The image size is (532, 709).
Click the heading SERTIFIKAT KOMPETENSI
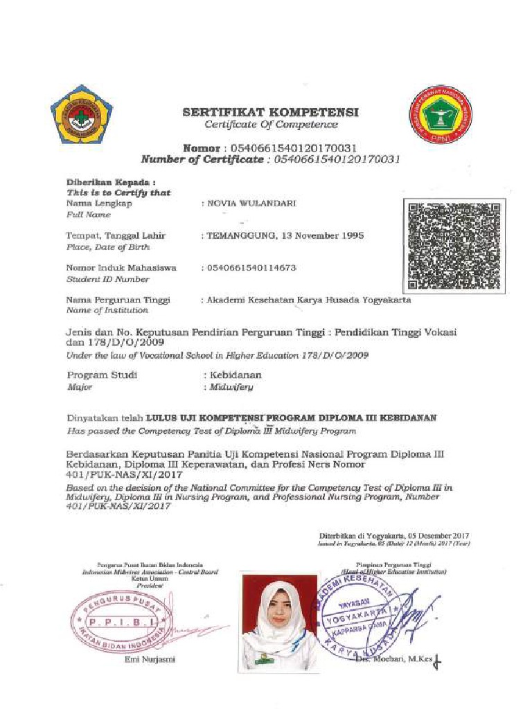(270, 111)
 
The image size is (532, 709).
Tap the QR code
(454, 244)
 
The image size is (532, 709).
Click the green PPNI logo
(441, 115)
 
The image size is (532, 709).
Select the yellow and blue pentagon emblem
(81, 114)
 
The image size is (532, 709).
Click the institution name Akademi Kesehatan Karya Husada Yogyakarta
(309, 300)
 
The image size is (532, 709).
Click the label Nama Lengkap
(98, 204)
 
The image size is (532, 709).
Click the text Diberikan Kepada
(107, 181)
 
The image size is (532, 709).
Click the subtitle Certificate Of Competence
(271, 125)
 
